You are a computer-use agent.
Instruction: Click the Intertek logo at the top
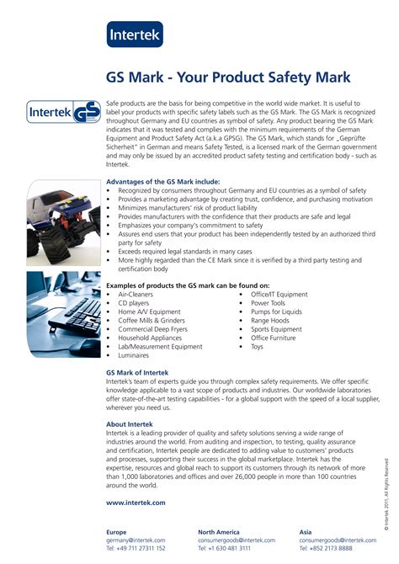click(135, 34)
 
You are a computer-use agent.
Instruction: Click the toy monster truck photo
click(64, 223)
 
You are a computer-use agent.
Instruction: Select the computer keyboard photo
click(64, 313)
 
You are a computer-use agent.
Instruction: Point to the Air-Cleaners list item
click(136, 295)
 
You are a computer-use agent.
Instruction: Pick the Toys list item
click(257, 346)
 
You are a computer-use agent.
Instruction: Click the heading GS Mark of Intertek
click(137, 372)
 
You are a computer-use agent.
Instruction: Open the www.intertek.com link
click(136, 502)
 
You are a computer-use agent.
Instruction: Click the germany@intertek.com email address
click(136, 540)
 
